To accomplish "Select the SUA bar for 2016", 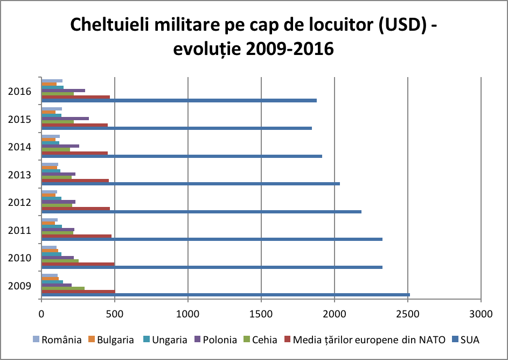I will (x=179, y=100).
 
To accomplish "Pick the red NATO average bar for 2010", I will (x=78, y=264).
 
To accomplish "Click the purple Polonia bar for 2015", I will (x=65, y=118).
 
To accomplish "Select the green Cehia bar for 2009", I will (x=63, y=288).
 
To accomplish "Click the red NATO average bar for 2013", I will (x=75, y=181).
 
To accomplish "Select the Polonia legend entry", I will (x=219, y=340).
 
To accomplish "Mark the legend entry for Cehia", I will (x=263, y=340).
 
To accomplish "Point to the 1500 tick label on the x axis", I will (x=261, y=313).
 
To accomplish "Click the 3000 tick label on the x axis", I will (x=481, y=313).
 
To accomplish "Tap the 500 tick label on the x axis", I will (x=115, y=313).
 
